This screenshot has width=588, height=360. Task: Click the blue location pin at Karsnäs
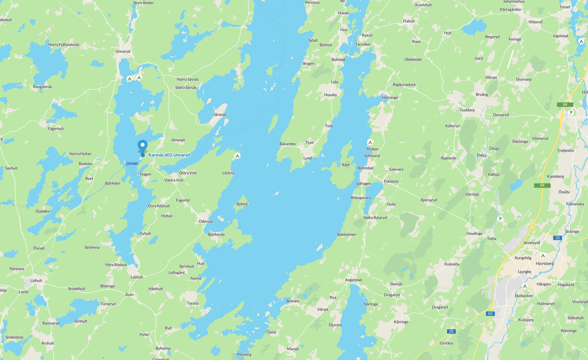point(143,146)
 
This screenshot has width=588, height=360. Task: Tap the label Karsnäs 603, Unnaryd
point(169,155)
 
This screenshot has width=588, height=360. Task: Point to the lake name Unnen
point(132,163)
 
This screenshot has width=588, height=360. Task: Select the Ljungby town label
point(525,272)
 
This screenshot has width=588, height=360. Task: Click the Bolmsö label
point(326,45)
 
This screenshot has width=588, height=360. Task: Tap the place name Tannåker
point(363,44)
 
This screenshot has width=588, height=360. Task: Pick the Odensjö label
point(206,221)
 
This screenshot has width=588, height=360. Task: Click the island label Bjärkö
point(242,204)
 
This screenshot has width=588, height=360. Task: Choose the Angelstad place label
point(353,280)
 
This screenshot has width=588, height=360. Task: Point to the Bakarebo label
point(288,144)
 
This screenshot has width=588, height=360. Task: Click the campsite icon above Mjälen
point(370,142)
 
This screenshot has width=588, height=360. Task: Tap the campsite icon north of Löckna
point(237,156)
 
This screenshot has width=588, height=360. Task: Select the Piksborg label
point(244,354)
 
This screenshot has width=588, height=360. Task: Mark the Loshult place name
point(137,277)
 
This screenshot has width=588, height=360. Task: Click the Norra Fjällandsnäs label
point(64,44)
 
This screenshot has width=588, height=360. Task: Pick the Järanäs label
point(220,115)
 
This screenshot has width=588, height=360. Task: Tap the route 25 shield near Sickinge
point(558,238)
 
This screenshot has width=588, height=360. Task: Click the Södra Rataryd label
point(375,218)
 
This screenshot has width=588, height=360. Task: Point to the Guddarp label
point(467,110)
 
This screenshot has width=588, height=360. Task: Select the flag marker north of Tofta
point(500,219)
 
